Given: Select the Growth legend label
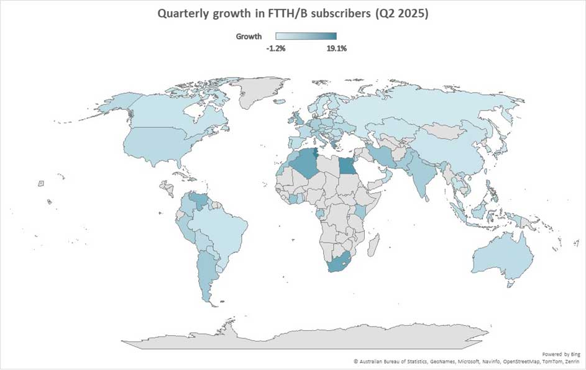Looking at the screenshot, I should coord(249,37).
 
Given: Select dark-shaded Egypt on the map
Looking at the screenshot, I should coord(349,166).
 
